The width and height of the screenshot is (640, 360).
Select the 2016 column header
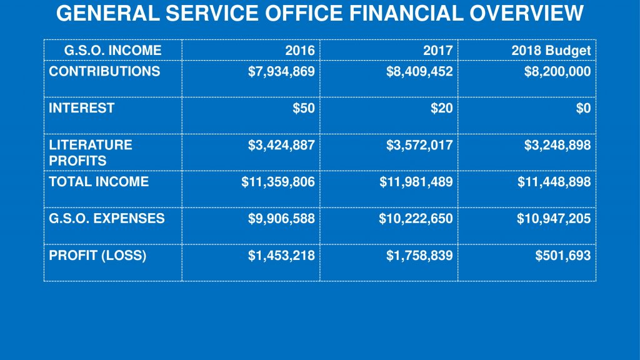[x=299, y=51]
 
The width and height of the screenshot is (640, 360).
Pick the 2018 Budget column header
[x=551, y=51]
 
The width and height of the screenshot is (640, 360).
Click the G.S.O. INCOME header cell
[x=112, y=51]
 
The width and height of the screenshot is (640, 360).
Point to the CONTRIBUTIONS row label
[x=104, y=71]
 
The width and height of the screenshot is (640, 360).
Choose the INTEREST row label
[x=82, y=107]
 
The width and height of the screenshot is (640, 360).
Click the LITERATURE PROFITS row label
[x=91, y=152]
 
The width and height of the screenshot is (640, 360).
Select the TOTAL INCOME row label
[x=99, y=182]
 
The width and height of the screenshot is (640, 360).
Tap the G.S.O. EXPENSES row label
[x=107, y=218]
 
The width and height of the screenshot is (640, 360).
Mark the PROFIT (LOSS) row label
[x=97, y=255]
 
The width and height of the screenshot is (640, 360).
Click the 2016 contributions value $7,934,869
[x=281, y=72]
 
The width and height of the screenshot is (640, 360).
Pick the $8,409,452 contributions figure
[x=419, y=72]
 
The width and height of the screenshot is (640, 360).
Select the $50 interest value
[x=304, y=108]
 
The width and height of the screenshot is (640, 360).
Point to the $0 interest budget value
[x=583, y=108]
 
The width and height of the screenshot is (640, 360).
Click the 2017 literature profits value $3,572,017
[x=419, y=145]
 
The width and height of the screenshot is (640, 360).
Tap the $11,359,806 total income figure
[x=278, y=182]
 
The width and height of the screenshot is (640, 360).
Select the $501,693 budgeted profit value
[x=562, y=255]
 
